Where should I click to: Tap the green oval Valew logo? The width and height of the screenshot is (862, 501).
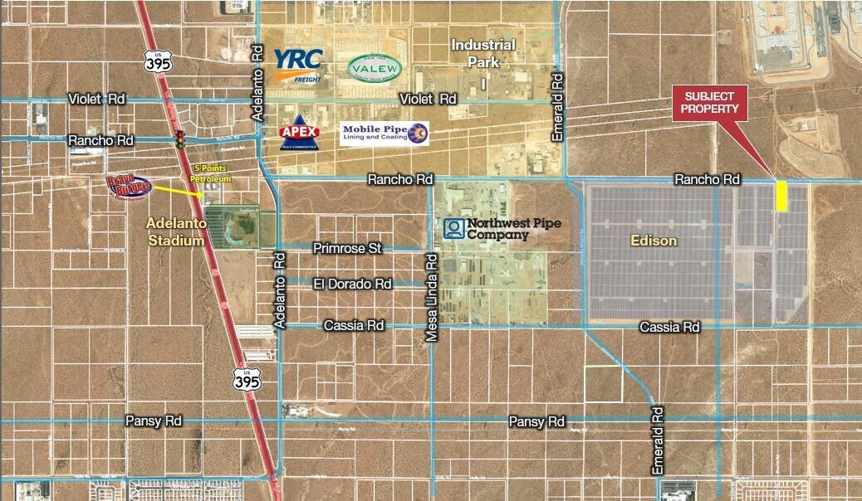click(x=375, y=69)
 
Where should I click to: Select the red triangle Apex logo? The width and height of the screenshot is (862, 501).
click(x=300, y=133)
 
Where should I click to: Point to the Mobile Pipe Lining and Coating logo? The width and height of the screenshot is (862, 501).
click(x=384, y=134)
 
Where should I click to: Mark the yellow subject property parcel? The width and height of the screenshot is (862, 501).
click(x=781, y=196)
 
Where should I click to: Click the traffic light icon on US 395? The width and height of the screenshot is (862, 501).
click(x=179, y=139)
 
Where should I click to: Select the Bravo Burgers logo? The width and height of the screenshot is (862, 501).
click(x=129, y=187)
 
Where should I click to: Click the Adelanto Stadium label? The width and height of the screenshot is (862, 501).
click(x=175, y=232)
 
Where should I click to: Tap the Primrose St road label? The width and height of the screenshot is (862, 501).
click(x=346, y=248)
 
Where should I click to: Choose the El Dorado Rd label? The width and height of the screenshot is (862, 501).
click(x=352, y=284)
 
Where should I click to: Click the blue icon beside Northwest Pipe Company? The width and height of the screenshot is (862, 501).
click(x=453, y=228)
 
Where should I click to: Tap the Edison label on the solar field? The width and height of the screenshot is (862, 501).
click(x=653, y=241)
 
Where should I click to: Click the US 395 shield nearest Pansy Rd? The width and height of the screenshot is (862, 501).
click(x=247, y=378)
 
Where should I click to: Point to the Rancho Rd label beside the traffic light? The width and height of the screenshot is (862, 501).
click(x=102, y=140)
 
